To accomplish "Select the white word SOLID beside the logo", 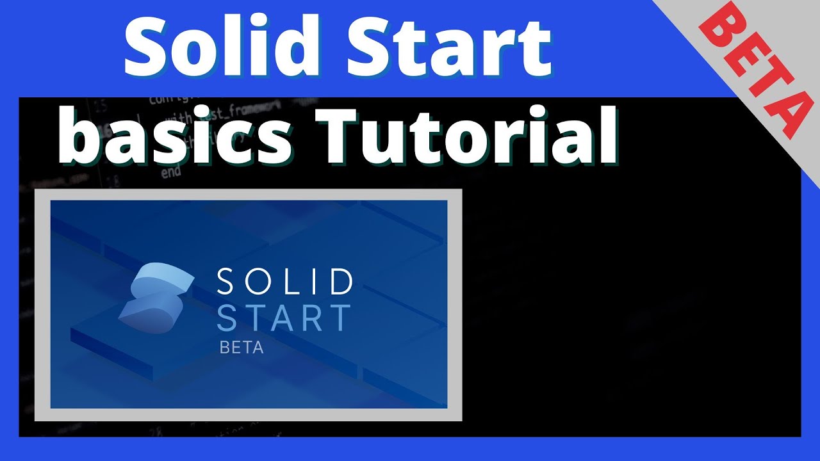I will (x=285, y=282).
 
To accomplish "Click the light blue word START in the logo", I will (x=285, y=318).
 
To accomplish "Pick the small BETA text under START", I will (x=242, y=348).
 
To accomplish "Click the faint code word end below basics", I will (x=171, y=172).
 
